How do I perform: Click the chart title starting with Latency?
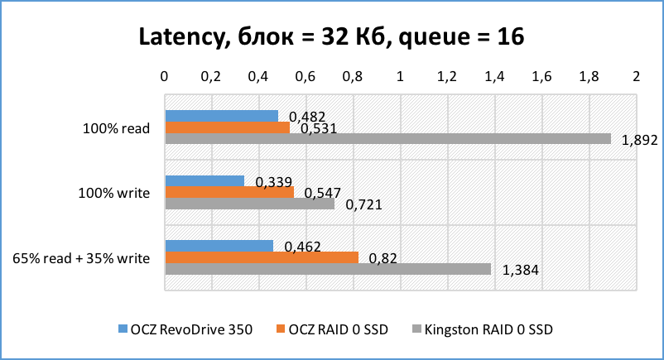coord(331,38)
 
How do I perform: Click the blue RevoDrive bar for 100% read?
coord(221,116)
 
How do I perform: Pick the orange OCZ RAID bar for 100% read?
coord(227,127)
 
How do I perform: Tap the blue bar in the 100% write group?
coord(204,181)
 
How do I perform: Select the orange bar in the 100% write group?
coord(229,192)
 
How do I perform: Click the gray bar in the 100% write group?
coord(249,204)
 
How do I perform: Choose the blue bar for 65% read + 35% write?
coord(219,246)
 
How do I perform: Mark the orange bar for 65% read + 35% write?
coord(262,257)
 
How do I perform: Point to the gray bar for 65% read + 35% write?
coord(328,269)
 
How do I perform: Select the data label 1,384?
coord(520,270)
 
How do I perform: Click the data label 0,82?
coord(383,258)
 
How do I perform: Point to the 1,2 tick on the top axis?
coord(447,77)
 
